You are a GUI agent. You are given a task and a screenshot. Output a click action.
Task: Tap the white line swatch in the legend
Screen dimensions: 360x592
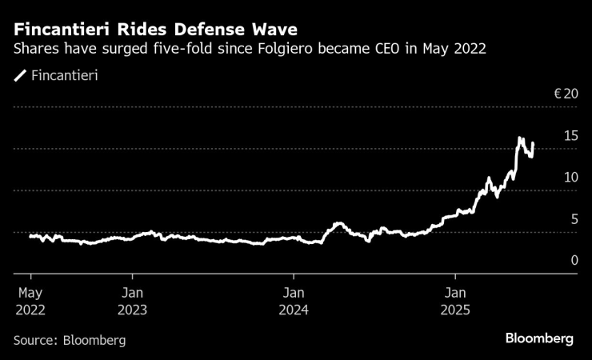[x=19, y=76]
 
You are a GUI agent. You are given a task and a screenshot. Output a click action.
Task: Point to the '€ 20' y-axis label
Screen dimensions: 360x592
[x=566, y=94]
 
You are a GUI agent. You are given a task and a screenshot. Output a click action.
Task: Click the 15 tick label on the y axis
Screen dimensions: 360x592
[x=570, y=135]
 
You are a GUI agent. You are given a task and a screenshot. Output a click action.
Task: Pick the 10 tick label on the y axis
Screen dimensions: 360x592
[x=570, y=177]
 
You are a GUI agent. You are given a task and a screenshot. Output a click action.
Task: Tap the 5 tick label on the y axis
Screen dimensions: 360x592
[x=574, y=218]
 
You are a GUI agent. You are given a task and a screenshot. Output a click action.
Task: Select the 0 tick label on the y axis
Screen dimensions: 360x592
[x=574, y=260]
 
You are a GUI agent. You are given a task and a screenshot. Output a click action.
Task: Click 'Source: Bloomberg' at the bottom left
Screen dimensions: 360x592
[x=70, y=340]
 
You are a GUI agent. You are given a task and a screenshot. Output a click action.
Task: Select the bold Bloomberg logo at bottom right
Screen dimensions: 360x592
[x=539, y=338]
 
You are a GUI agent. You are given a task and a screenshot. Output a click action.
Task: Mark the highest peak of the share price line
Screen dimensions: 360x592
[x=520, y=138]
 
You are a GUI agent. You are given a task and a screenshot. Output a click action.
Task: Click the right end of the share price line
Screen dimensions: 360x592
[x=533, y=144]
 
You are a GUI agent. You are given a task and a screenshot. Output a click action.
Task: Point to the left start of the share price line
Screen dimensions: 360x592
[x=30, y=236]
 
